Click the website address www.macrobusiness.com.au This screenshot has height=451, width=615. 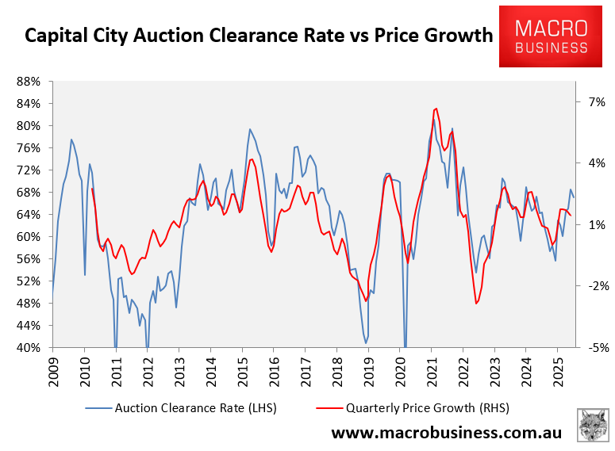(x=446, y=434)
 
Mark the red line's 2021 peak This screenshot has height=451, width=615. (x=436, y=109)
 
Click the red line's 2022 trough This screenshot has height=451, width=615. (x=476, y=304)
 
